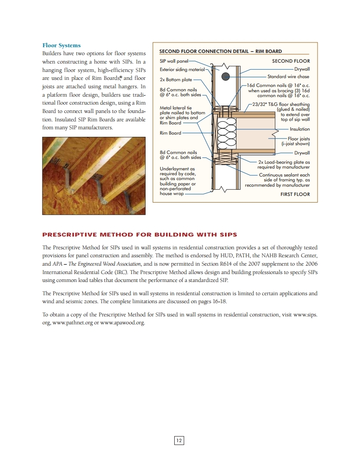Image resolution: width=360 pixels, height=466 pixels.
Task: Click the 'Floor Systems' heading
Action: pos(61,45)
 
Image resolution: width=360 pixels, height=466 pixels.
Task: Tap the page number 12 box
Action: pos(179,440)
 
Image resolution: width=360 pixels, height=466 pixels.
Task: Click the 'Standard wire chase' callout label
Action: pos(288,76)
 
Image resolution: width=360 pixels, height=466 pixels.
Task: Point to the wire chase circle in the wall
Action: pos(226,76)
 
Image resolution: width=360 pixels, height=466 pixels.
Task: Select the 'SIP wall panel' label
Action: pos(174,61)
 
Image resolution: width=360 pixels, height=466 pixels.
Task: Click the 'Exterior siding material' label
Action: pos(182,70)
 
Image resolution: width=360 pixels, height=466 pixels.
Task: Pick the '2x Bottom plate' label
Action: pos(176,80)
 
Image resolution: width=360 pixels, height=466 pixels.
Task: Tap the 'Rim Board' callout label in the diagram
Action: pos(170,133)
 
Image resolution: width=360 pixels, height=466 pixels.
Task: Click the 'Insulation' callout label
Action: pos(300,129)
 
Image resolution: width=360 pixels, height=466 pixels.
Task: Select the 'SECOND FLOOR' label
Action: pos(291,61)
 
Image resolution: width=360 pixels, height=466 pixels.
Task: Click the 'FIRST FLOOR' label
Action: pos(295,194)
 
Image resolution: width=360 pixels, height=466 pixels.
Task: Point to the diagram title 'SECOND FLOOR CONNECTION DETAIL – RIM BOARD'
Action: pos(220,51)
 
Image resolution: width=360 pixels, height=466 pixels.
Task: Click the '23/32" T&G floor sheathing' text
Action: pos(281,105)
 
